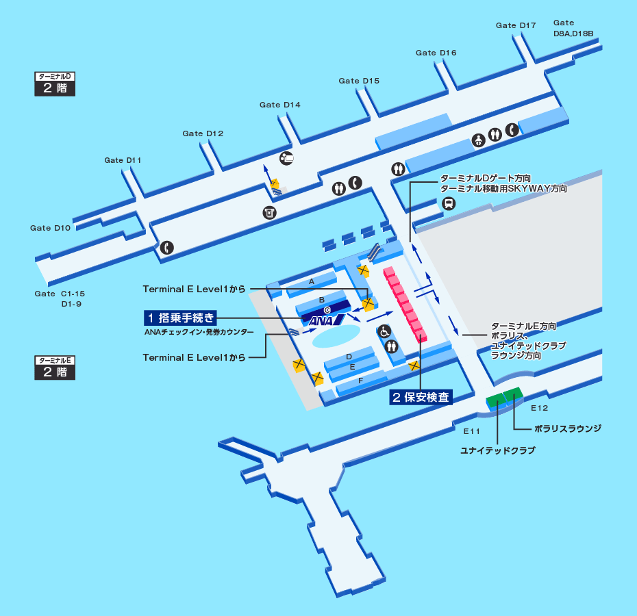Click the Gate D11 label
(x=123, y=160)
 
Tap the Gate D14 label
(x=279, y=105)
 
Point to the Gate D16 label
(x=436, y=53)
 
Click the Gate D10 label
(x=50, y=228)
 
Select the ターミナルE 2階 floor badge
(x=55, y=368)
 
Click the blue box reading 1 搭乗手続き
(x=180, y=318)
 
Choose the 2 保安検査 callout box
(x=421, y=398)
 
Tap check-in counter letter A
(x=311, y=281)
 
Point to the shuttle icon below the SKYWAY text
(x=449, y=203)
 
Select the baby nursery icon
(x=479, y=141)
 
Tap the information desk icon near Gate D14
(x=287, y=158)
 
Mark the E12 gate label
(x=540, y=408)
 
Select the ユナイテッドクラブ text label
(x=498, y=450)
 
